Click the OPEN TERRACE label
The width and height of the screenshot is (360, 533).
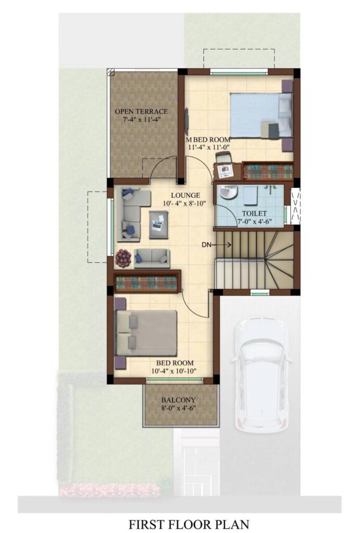click(x=141, y=111)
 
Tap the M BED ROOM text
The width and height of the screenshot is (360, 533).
click(x=208, y=139)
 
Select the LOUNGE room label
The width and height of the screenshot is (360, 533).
click(x=185, y=196)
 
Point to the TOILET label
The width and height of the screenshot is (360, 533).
click(x=254, y=213)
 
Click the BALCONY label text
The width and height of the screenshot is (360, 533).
click(x=179, y=400)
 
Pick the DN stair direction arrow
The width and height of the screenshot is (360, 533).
click(x=224, y=245)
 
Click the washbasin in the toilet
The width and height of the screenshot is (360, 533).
click(x=228, y=193)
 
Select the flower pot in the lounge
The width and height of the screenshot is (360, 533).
click(x=123, y=258)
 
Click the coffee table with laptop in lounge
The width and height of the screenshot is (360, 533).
click(x=158, y=225)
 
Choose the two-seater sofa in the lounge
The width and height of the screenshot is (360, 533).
click(x=152, y=258)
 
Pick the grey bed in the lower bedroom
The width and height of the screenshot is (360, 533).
click(x=146, y=333)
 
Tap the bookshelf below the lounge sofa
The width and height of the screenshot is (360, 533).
click(x=146, y=282)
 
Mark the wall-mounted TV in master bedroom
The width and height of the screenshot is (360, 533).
click(x=187, y=121)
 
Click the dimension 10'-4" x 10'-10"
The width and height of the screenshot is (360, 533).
click(x=175, y=371)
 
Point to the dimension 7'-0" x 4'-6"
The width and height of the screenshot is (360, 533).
click(x=254, y=222)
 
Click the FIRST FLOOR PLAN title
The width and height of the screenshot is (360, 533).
click(x=189, y=524)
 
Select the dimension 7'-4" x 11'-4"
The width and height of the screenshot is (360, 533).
click(x=141, y=119)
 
